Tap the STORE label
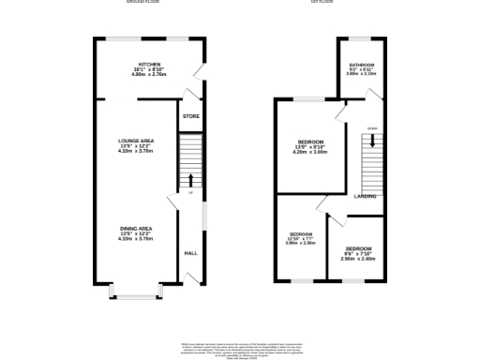point(190,116)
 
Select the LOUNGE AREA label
point(136,140)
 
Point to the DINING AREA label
point(136,228)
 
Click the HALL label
point(190,253)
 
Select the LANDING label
point(366,196)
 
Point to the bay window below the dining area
point(136,296)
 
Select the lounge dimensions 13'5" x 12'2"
point(136,146)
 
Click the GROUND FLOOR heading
point(141,3)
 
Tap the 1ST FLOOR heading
point(323,3)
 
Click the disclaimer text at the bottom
point(242,351)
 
